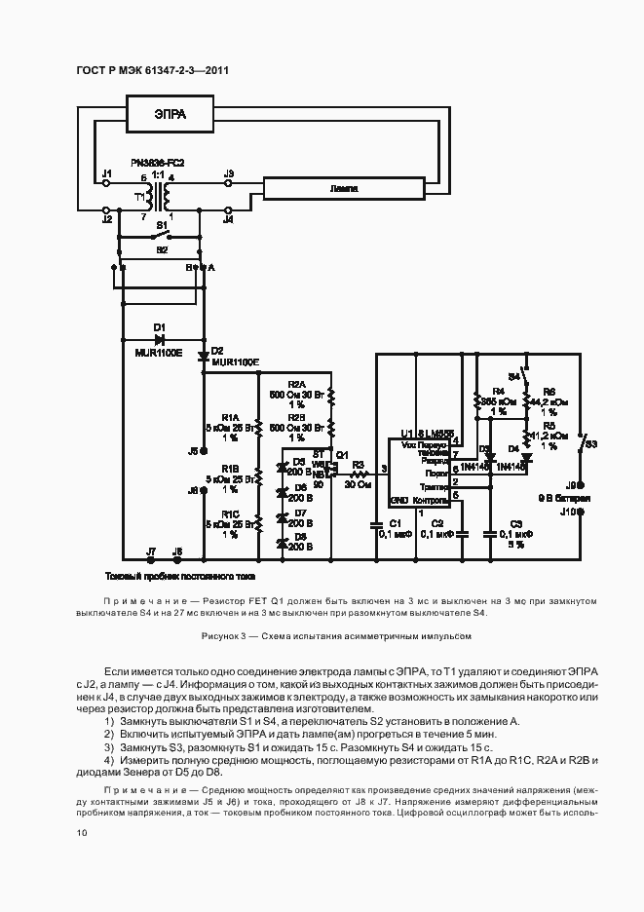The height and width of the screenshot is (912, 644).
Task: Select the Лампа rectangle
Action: (x=344, y=187)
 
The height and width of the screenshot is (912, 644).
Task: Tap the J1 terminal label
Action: (x=107, y=173)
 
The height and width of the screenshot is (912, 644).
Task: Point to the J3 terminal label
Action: (x=229, y=173)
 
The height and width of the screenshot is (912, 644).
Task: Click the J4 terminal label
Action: (x=229, y=220)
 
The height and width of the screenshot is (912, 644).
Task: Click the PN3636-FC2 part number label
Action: (x=158, y=162)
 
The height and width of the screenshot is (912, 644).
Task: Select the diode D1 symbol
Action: (x=160, y=338)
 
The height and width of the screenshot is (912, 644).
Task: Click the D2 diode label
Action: (x=216, y=350)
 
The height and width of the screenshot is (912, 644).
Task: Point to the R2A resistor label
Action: (x=297, y=384)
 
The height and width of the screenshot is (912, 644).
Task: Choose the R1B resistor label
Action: (x=230, y=469)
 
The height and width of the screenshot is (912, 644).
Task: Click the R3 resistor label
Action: (x=358, y=465)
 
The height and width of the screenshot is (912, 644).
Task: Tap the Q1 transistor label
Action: (x=342, y=454)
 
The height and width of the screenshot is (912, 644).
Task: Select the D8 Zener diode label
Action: (x=300, y=536)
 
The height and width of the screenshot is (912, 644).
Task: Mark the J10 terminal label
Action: (x=568, y=510)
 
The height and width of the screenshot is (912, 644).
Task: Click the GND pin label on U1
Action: (x=399, y=500)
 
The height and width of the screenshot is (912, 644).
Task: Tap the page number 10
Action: (x=81, y=833)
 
